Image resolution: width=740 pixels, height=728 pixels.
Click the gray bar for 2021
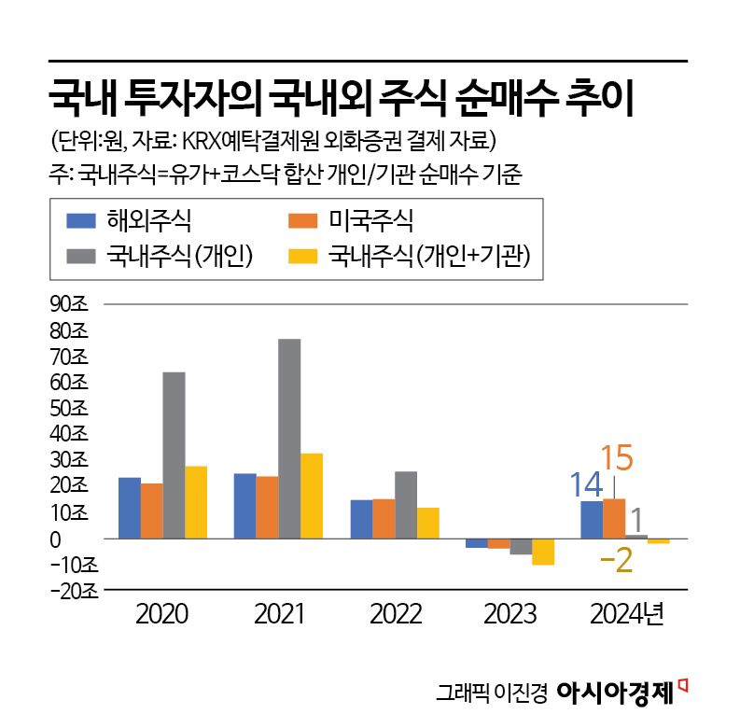pyautogui.click(x=289, y=439)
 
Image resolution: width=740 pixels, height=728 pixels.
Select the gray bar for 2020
pyautogui.click(x=174, y=455)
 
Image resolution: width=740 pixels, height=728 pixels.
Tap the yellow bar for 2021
pyautogui.click(x=312, y=496)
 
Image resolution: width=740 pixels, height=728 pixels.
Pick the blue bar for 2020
pyautogui.click(x=130, y=508)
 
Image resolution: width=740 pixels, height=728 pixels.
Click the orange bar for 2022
pyautogui.click(x=383, y=519)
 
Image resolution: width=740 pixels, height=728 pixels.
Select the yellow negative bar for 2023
pyautogui.click(x=543, y=552)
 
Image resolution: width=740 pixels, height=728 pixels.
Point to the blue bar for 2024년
pyautogui.click(x=592, y=520)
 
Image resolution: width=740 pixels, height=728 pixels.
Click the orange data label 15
pyautogui.click(x=618, y=458)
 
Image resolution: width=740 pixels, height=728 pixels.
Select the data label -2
pyautogui.click(x=616, y=560)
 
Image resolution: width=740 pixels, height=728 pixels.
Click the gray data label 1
pyautogui.click(x=635, y=519)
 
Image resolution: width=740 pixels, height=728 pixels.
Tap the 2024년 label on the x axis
pyautogui.click(x=626, y=615)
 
